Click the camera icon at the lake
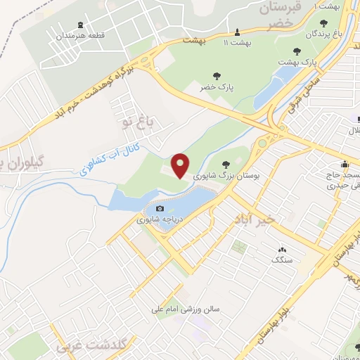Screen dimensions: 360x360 (160, 209)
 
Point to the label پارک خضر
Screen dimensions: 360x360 (217, 86)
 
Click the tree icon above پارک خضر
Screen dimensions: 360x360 (217, 76)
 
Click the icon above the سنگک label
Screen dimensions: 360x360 (283, 250)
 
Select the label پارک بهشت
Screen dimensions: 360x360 (297, 62)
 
